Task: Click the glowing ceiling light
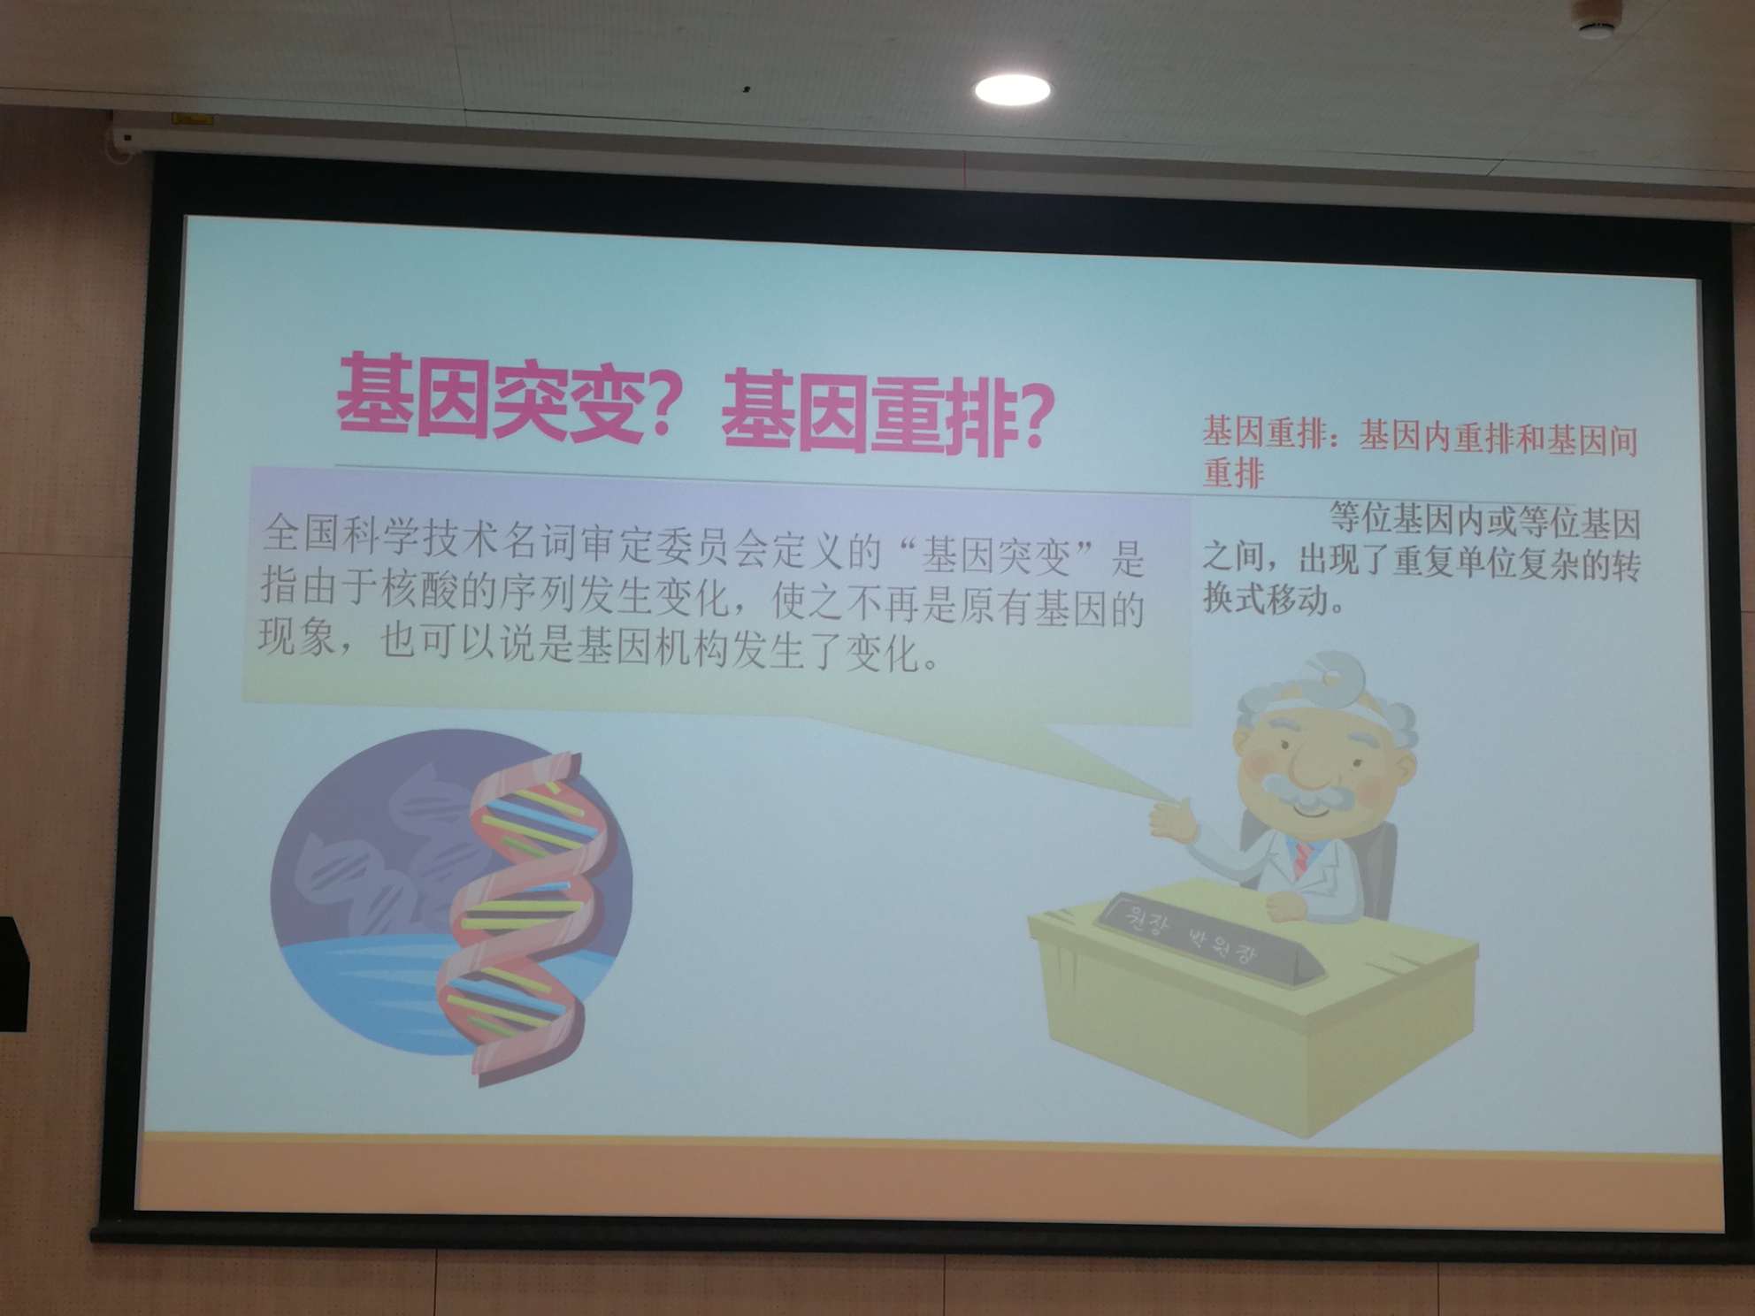pyautogui.click(x=1013, y=89)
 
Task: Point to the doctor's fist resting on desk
pyautogui.click(x=1287, y=906)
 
